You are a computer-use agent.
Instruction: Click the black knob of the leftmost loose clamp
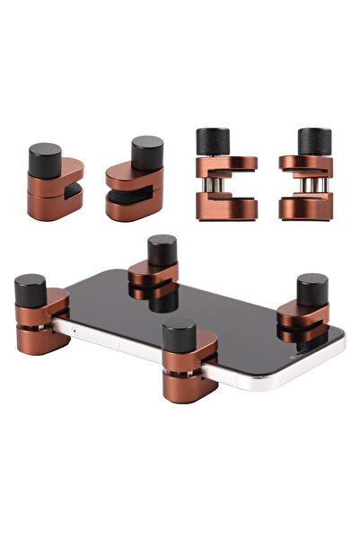46,160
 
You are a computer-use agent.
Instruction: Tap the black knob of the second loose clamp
147,151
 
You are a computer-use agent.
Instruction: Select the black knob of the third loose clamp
213,142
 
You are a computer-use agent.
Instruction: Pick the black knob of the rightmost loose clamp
314,142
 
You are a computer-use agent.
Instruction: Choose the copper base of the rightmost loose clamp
306,208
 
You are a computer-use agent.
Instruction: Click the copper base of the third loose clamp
225,208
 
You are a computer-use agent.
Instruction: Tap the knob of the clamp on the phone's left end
31,290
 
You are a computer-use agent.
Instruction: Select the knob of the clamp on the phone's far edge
162,251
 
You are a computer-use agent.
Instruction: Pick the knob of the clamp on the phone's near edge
180,335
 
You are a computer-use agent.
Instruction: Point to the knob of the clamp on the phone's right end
312,290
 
